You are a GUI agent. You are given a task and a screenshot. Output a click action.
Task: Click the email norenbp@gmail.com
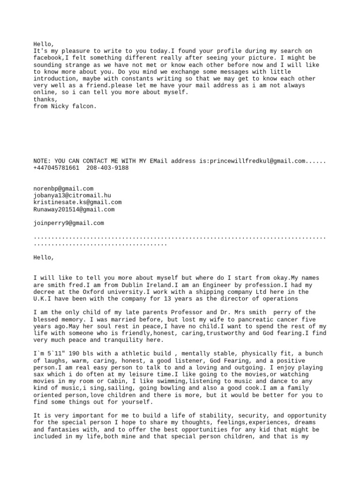(63, 188)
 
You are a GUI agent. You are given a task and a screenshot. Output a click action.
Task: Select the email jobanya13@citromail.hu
(72, 195)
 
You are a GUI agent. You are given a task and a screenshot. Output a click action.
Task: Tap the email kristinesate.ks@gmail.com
(77, 202)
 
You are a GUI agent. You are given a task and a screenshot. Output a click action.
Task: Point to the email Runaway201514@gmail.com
(74, 210)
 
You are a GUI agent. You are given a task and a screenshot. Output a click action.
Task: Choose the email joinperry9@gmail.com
(68, 224)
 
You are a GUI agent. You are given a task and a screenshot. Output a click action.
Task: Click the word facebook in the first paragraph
(49, 58)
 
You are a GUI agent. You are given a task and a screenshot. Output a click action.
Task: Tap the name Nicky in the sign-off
(61, 106)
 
